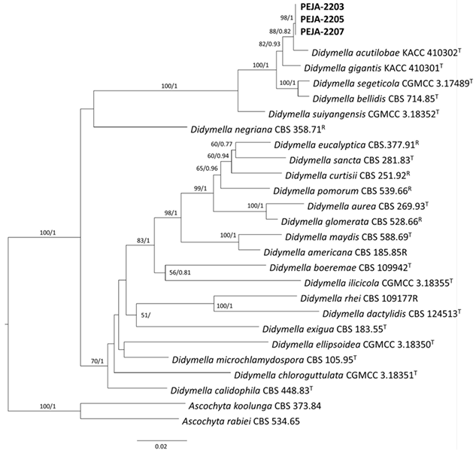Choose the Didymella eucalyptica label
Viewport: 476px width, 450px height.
(340, 145)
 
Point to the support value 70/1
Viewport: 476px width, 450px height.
(97, 360)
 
